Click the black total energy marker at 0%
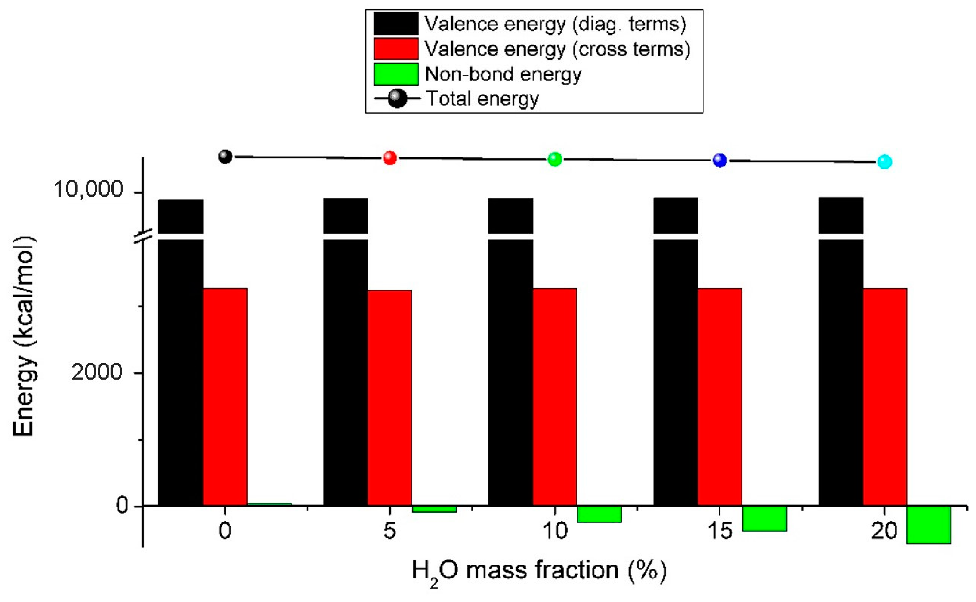tap(225, 157)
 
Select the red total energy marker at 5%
tap(390, 158)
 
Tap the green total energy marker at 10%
tap(555, 159)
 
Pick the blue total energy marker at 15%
tap(720, 161)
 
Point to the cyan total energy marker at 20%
tap(885, 162)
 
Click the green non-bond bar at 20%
tap(929, 524)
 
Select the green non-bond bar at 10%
tap(599, 514)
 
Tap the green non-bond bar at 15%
tap(764, 518)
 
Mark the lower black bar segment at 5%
tap(345, 372)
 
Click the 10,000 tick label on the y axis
tap(88, 189)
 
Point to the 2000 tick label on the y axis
tap(97, 372)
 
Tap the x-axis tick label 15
tap(720, 531)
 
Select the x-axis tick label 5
tap(390, 531)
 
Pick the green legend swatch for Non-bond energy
tap(396, 74)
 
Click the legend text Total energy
tap(483, 99)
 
